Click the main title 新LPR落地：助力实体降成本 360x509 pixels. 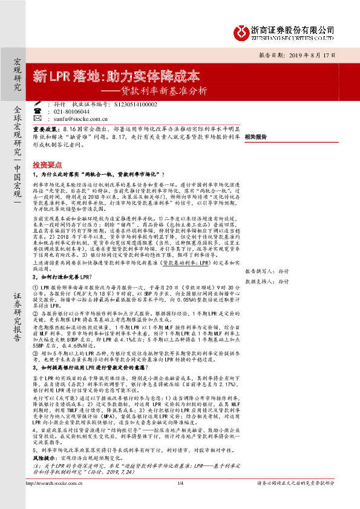pos(117,77)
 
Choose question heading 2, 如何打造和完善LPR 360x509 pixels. pos(68,259)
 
